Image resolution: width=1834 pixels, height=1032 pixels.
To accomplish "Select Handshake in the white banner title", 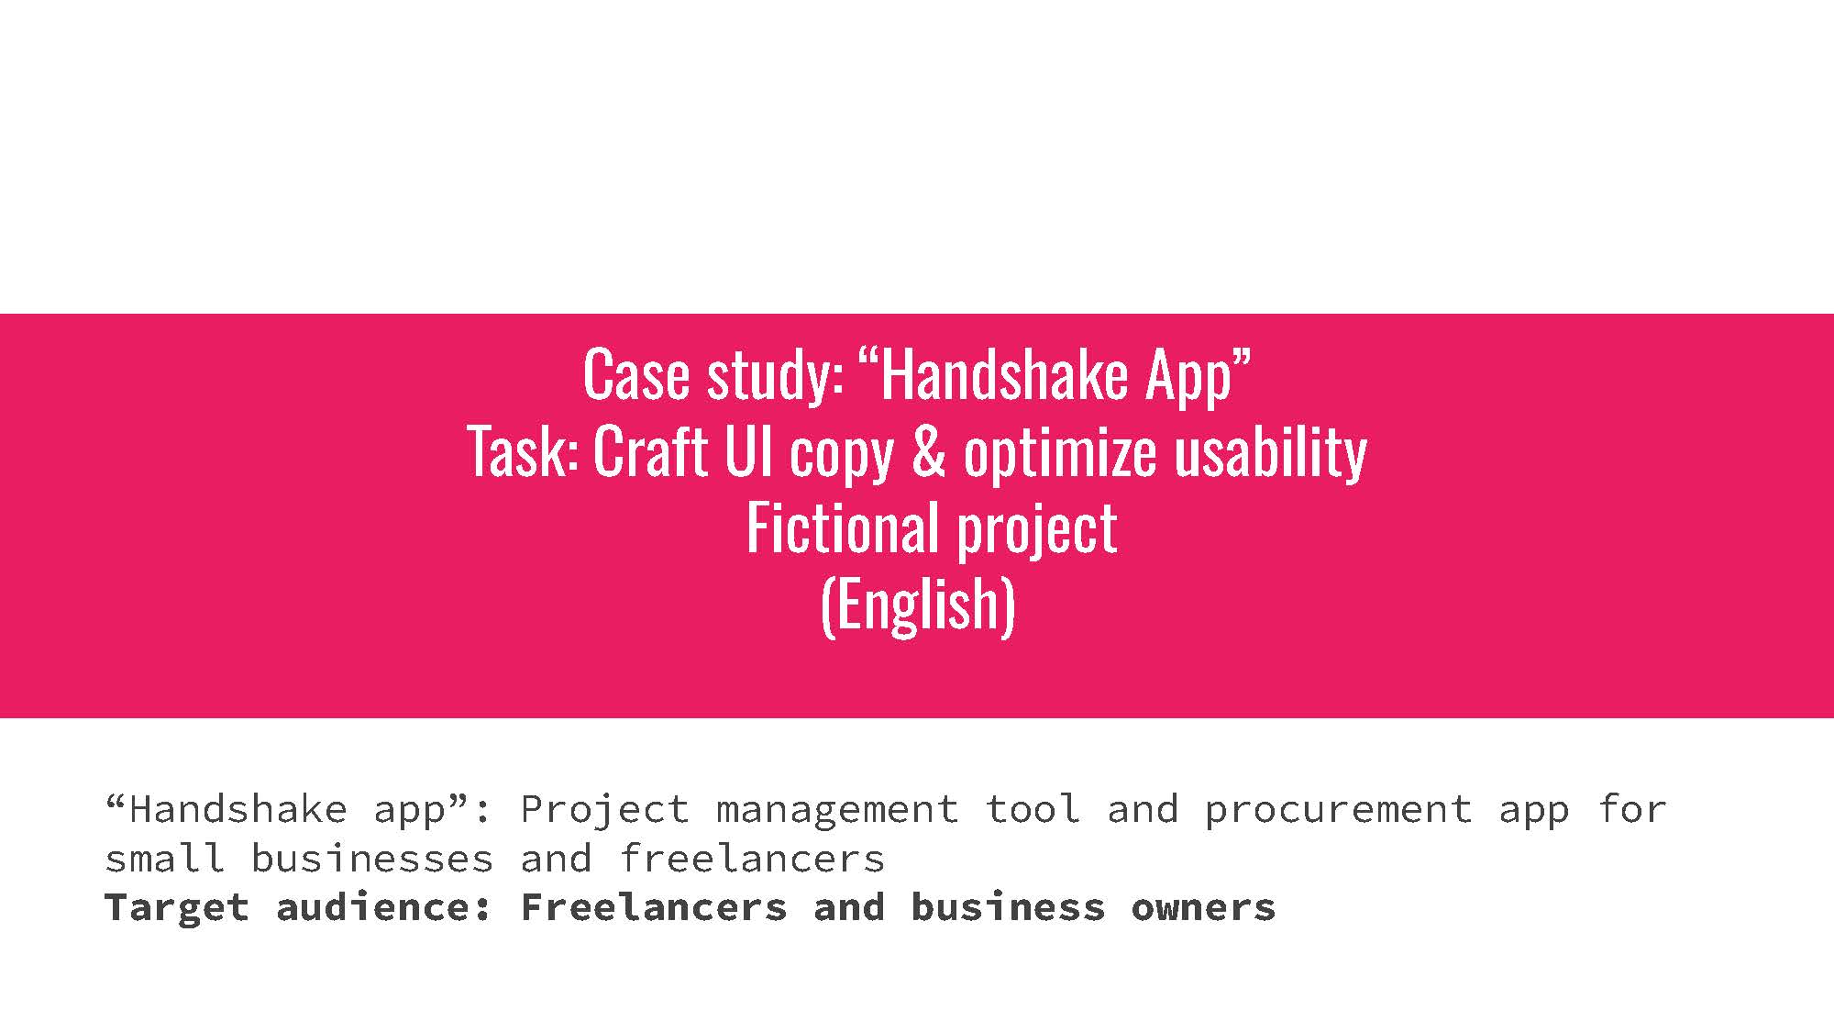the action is coord(1003,374).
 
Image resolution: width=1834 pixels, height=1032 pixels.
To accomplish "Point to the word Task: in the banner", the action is coord(523,451).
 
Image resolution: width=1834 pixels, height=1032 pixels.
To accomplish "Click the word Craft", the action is coord(650,451).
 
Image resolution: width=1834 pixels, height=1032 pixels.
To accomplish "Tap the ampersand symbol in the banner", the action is coord(928,451).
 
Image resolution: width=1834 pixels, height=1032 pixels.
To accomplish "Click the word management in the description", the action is coord(836,810).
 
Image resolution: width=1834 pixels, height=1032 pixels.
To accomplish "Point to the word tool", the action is coord(1032,808).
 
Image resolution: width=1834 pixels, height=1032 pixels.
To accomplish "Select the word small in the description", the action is coord(164,858).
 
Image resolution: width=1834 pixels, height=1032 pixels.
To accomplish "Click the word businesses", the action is coord(371,858).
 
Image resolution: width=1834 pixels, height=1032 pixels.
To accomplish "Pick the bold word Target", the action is coord(177,908).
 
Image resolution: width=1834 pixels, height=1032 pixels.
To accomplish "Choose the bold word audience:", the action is coord(384,906).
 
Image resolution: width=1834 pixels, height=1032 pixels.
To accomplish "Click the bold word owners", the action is coord(1203,908).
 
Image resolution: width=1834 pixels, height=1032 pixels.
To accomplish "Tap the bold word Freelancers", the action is coord(654,906).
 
